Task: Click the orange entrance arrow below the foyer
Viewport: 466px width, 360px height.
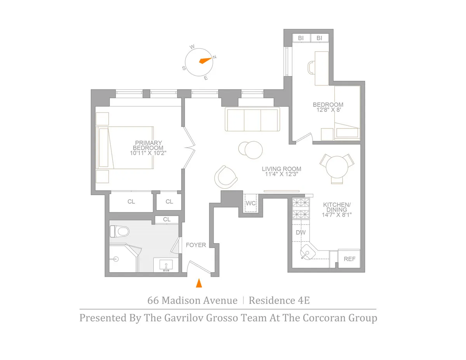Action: click(199, 283)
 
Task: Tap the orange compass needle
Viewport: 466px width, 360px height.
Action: click(205, 60)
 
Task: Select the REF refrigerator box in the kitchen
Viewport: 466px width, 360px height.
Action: click(349, 259)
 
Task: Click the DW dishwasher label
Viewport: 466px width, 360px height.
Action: click(301, 232)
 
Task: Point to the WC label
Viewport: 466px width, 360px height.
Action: click(250, 203)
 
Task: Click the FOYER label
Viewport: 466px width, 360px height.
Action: click(196, 245)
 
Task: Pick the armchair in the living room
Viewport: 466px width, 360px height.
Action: click(225, 177)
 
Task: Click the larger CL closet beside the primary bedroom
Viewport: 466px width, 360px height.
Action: click(131, 202)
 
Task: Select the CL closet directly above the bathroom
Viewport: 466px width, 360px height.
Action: click(167, 219)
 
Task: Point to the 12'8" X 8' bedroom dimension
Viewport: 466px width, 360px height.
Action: click(328, 110)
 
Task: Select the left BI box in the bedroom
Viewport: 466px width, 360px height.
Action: click(301, 38)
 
